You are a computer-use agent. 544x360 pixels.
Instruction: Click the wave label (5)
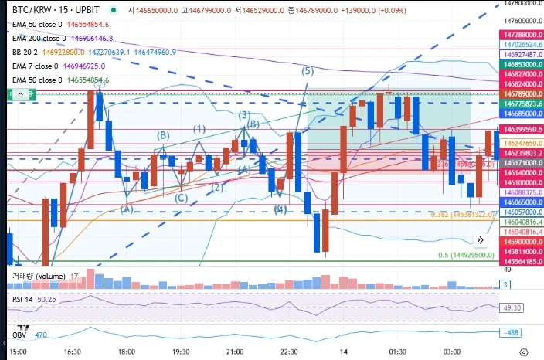tap(308, 71)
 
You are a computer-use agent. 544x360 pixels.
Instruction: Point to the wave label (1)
tap(199, 128)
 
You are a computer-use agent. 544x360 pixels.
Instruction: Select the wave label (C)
tap(181, 199)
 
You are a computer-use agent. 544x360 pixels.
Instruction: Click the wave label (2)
tap(218, 187)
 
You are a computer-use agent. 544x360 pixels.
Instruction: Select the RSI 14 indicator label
tap(22, 299)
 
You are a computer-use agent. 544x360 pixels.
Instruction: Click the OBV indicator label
tap(20, 335)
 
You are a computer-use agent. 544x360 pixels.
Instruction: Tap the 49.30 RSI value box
tap(512, 307)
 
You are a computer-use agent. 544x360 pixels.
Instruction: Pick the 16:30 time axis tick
tap(74, 352)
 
